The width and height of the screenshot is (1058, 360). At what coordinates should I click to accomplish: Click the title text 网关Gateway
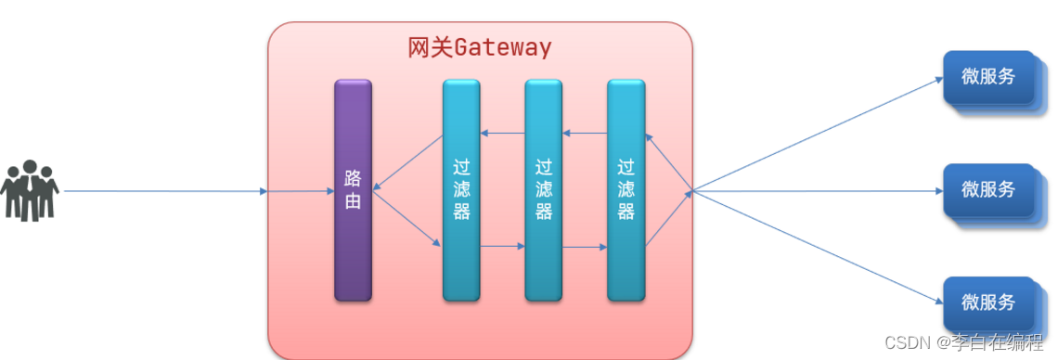(479, 47)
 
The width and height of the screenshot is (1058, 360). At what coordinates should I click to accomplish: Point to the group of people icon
(30, 191)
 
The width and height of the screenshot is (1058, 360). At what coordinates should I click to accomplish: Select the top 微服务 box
(988, 78)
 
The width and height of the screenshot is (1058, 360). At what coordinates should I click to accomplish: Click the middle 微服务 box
(988, 191)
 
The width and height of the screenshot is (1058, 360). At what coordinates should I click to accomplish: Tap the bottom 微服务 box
(988, 303)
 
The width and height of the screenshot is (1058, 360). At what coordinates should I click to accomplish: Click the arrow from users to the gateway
(167, 192)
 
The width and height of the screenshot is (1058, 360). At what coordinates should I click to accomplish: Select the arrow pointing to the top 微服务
(817, 135)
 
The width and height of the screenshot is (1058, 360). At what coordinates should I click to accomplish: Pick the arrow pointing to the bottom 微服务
(817, 249)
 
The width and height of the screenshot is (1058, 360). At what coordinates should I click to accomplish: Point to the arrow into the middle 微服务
(817, 192)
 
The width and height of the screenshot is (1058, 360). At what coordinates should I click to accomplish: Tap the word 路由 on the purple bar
(353, 189)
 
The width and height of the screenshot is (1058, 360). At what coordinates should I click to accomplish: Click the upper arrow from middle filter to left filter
(502, 134)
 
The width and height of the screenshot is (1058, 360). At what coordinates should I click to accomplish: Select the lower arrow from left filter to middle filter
(502, 247)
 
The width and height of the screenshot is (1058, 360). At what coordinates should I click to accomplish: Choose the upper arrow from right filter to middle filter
(585, 134)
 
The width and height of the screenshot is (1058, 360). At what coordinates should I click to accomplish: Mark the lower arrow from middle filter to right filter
(585, 247)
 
